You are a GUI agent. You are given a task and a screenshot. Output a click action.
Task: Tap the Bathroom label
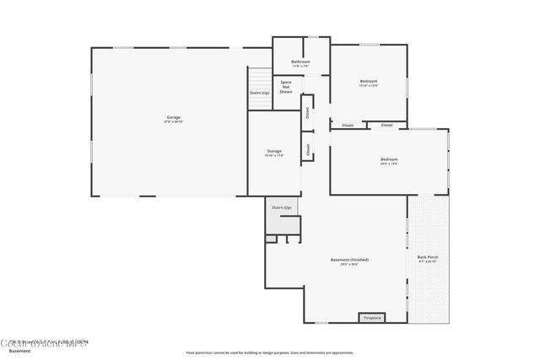coord(300,62)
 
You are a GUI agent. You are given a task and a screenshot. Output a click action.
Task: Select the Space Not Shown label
coord(286,86)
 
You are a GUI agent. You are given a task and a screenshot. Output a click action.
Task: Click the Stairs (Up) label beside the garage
coord(259,93)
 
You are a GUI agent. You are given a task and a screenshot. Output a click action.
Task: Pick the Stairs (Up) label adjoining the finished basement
coord(281,207)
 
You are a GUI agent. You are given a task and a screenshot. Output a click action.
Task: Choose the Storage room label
coord(274,151)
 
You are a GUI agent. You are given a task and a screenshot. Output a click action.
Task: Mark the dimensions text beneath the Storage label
coord(274,156)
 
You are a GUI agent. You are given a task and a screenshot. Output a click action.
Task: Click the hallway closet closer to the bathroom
coord(307,112)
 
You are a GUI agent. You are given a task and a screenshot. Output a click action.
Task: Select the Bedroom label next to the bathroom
coord(369,81)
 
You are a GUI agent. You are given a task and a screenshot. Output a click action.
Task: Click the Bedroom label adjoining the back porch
coord(388,159)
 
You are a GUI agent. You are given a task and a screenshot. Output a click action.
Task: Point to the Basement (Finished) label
coord(349,260)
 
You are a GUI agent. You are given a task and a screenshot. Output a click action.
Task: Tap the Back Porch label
coord(428,256)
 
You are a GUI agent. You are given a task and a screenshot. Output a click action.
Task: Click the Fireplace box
coord(372,318)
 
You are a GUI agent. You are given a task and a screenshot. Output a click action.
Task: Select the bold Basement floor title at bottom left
coord(19,351)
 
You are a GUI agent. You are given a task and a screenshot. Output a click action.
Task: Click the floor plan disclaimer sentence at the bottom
coord(270,352)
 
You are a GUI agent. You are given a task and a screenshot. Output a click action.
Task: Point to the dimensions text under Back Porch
coord(428,262)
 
